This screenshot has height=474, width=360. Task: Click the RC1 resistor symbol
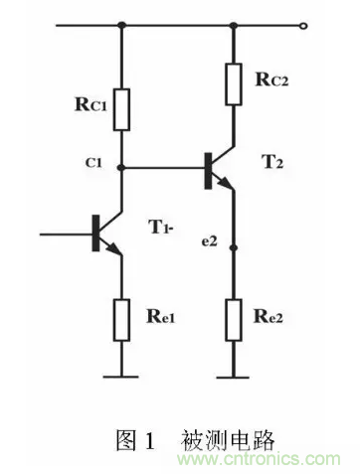(121, 109)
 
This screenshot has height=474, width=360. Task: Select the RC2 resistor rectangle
(233, 83)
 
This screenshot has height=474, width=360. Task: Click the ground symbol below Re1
(121, 377)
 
